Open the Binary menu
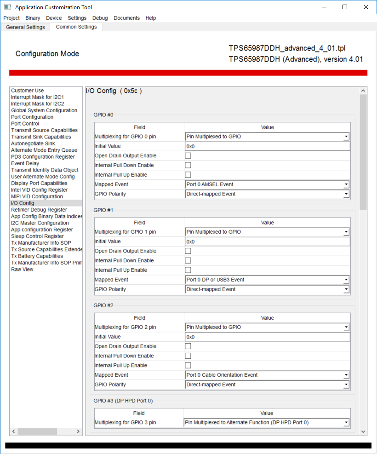click(x=33, y=18)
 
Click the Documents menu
click(x=126, y=18)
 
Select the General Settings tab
click(x=25, y=27)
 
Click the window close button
click(x=366, y=7)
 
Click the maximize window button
click(x=345, y=7)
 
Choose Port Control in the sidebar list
click(x=25, y=124)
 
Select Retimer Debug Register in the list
click(x=39, y=210)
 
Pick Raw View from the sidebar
click(x=22, y=270)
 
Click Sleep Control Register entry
click(x=37, y=236)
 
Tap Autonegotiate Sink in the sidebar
click(x=33, y=144)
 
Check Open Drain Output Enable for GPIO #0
click(x=188, y=156)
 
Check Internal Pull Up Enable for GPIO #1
click(x=188, y=270)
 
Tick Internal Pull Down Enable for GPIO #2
click(x=188, y=356)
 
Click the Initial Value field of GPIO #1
click(x=267, y=241)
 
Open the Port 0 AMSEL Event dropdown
click(x=267, y=184)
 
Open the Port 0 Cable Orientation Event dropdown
click(x=267, y=375)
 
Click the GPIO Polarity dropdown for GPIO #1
click(x=267, y=289)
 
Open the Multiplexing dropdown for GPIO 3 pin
click(x=266, y=423)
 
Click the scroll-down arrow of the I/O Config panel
click(x=364, y=431)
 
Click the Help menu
click(x=151, y=18)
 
